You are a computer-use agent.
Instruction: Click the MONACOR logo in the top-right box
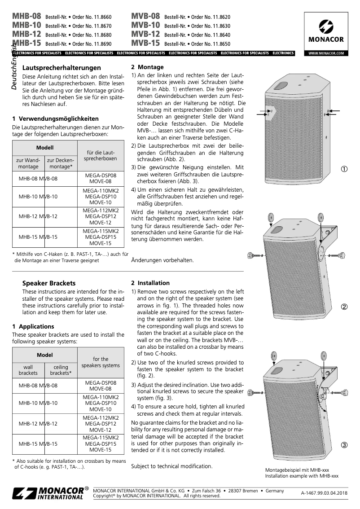(326, 32)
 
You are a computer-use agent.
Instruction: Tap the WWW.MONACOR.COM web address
(326, 53)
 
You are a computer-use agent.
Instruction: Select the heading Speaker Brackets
(49, 283)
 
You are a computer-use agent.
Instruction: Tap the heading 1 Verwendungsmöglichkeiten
(55, 119)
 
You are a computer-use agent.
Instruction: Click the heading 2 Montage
(147, 67)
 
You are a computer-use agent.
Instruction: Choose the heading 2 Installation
(150, 283)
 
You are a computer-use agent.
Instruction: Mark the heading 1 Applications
(33, 326)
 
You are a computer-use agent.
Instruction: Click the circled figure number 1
(344, 169)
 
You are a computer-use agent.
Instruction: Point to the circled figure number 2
(344, 307)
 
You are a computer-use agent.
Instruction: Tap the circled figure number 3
(344, 445)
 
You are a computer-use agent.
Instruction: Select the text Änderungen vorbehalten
(162, 260)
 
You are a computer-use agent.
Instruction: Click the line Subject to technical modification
(171, 466)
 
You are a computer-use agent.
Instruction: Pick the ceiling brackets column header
(61, 370)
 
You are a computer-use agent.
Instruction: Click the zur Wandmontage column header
(28, 163)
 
